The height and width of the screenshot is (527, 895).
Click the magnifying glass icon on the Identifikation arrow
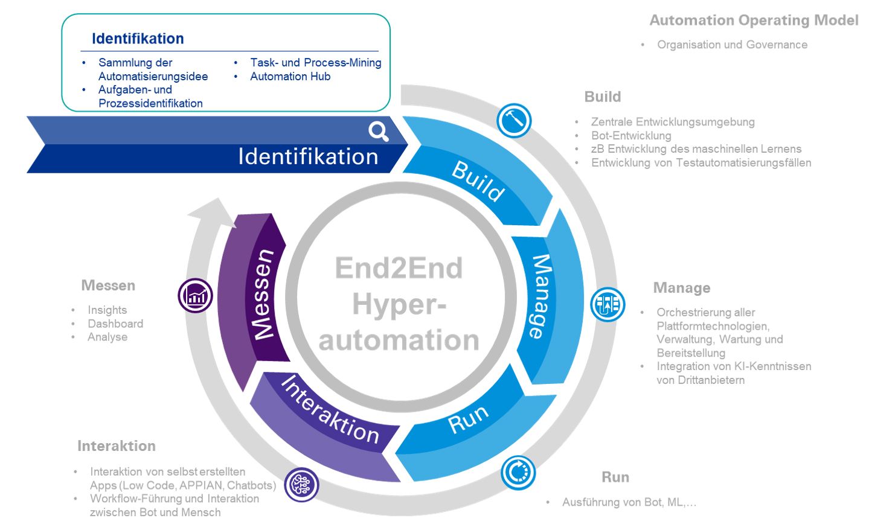pyautogui.click(x=379, y=131)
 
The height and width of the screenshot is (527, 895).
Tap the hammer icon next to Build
pyautogui.click(x=514, y=120)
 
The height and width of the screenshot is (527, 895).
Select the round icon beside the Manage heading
pyautogui.click(x=607, y=304)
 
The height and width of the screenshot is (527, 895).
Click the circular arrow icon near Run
pyautogui.click(x=518, y=472)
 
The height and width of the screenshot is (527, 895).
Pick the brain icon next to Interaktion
pyautogui.click(x=301, y=484)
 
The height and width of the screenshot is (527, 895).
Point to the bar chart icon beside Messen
pyautogui.click(x=195, y=296)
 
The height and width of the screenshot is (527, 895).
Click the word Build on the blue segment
pyautogui.click(x=478, y=180)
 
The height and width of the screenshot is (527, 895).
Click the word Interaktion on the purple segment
pyautogui.click(x=330, y=409)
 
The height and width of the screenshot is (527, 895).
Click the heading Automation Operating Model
pyautogui.click(x=754, y=21)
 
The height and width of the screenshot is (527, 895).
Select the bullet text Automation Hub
pyautogui.click(x=290, y=77)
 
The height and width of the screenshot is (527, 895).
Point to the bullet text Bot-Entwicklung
pyautogui.click(x=631, y=136)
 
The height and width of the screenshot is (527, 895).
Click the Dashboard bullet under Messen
pyautogui.click(x=115, y=324)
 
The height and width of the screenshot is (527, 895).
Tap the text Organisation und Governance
pyautogui.click(x=732, y=45)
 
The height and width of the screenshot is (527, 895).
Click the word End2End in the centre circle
pyautogui.click(x=399, y=269)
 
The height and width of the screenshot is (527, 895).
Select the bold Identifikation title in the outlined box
pyautogui.click(x=138, y=39)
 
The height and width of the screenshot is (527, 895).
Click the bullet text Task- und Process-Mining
pyautogui.click(x=315, y=63)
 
